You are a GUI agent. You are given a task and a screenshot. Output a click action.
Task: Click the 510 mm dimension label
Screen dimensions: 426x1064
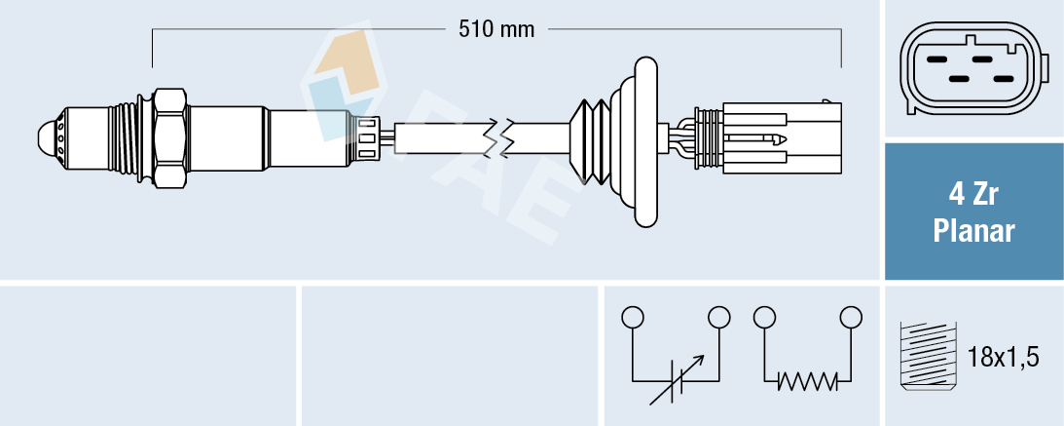tap(496, 29)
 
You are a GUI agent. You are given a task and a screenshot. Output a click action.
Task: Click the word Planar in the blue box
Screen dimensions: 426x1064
tap(973, 232)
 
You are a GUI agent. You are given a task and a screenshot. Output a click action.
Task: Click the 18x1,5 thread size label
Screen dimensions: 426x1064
tap(1005, 358)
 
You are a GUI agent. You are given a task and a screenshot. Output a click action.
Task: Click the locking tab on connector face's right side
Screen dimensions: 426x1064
tap(1044, 70)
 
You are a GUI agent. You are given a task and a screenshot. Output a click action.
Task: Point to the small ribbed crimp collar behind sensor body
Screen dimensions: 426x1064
tap(367, 136)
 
